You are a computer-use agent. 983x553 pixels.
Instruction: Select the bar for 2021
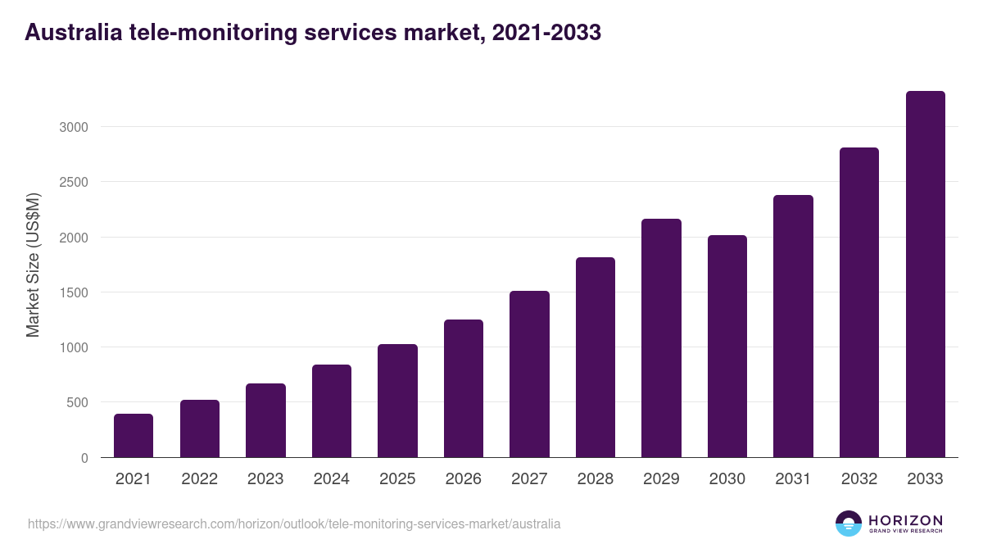pyautogui.click(x=134, y=436)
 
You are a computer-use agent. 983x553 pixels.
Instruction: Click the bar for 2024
pyautogui.click(x=332, y=411)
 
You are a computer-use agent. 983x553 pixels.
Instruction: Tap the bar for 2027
pyautogui.click(x=529, y=374)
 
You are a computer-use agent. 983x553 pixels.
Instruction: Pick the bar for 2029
pyautogui.click(x=661, y=338)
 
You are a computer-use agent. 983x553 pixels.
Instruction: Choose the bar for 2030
pyautogui.click(x=727, y=347)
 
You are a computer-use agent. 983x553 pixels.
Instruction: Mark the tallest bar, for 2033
pyautogui.click(x=925, y=274)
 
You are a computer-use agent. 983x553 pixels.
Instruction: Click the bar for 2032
pyautogui.click(x=859, y=302)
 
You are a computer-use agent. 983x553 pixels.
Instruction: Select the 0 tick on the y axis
pyautogui.click(x=84, y=458)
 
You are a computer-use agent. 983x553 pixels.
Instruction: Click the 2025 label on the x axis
pyautogui.click(x=397, y=479)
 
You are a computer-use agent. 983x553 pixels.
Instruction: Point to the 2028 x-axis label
pyautogui.click(x=596, y=479)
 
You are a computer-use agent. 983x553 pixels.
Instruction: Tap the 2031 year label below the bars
pyautogui.click(x=793, y=479)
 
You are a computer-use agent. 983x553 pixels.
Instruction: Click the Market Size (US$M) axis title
pyautogui.click(x=33, y=265)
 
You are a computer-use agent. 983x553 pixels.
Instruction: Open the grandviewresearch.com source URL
pyautogui.click(x=294, y=524)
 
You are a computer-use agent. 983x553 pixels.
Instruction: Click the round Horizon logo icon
pyautogui.click(x=848, y=524)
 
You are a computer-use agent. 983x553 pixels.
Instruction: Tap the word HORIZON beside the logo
pyautogui.click(x=905, y=520)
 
